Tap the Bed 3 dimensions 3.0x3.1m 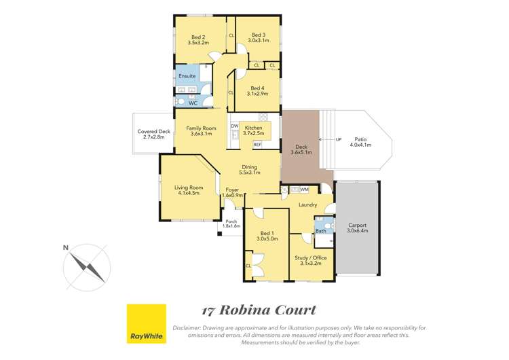tap(258, 41)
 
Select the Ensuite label tap(187, 76)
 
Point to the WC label tap(193, 103)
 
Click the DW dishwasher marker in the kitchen tap(233, 126)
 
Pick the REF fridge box tap(257, 145)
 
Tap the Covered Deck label tap(153, 131)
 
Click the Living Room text tap(189, 187)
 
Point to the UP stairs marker tap(339, 140)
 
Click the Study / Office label tap(311, 258)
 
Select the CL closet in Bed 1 tap(248, 266)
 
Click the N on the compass tap(66, 248)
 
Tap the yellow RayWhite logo tap(147, 323)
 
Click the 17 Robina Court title tap(259, 310)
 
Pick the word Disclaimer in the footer tap(187, 327)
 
